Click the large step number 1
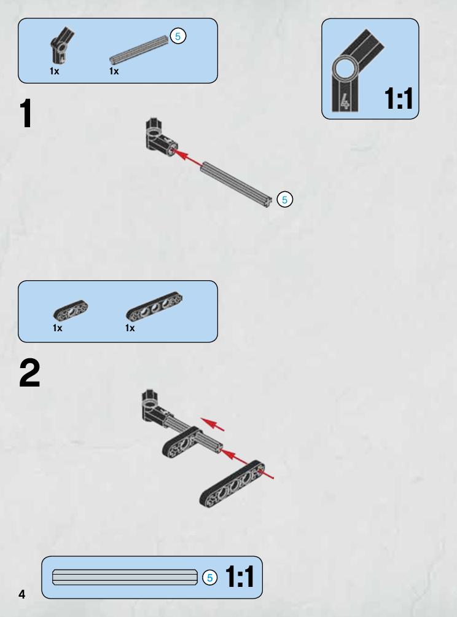[x=26, y=113]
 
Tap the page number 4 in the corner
[x=21, y=594]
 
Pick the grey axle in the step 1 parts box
[x=139, y=50]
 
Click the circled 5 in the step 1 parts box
[x=178, y=36]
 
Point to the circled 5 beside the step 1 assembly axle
[x=285, y=200]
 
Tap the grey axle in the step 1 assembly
[x=236, y=184]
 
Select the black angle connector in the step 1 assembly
[x=160, y=138]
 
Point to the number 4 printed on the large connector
[x=344, y=101]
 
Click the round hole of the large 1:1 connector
[x=345, y=69]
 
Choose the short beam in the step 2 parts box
[x=71, y=310]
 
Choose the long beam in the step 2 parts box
[x=154, y=306]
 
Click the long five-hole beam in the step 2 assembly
[x=232, y=484]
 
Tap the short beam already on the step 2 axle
[x=182, y=442]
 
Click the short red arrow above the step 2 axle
[x=213, y=424]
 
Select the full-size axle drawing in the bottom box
[x=125, y=577]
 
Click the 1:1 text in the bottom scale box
[x=240, y=577]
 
